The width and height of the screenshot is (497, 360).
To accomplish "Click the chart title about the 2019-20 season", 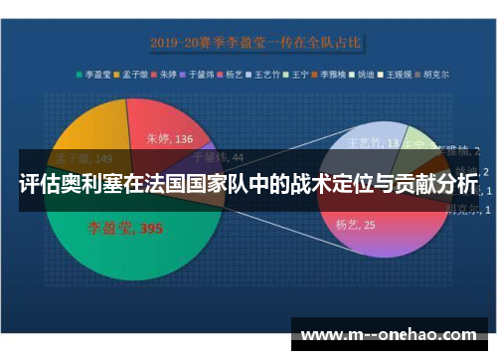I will point(256,43).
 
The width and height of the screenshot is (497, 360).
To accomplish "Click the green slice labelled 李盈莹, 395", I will point(119,259).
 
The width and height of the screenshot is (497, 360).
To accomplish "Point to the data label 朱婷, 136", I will point(170,139).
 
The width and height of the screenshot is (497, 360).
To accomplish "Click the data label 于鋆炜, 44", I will point(216,156).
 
